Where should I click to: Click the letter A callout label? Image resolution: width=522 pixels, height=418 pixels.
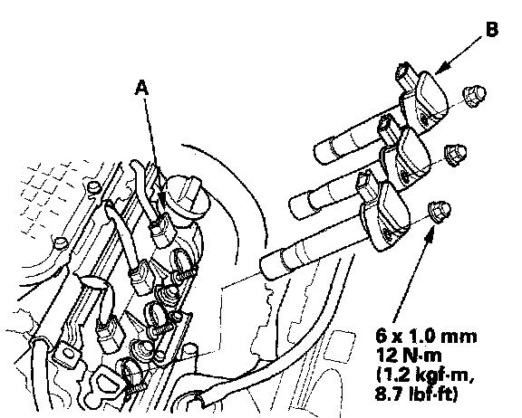click(x=141, y=88)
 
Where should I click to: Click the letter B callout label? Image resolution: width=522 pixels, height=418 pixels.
click(x=492, y=29)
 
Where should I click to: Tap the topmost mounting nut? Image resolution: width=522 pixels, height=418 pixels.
click(x=474, y=96)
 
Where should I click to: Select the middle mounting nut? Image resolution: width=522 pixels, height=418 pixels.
click(x=456, y=156)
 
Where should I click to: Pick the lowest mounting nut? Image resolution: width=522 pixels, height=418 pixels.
click(x=440, y=212)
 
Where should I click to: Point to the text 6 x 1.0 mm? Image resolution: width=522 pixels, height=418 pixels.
click(x=426, y=337)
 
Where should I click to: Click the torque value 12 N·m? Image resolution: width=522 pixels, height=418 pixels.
click(x=409, y=356)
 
